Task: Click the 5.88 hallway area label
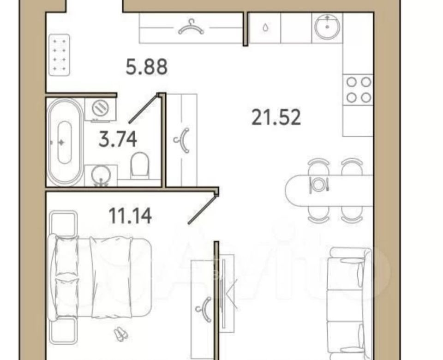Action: pos(147,67)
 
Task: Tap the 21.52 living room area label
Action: pos(276,118)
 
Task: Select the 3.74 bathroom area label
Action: pos(118,139)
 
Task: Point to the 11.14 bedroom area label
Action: pos(130,216)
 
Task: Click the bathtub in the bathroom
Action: pos(65,142)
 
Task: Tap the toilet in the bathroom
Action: pos(139,165)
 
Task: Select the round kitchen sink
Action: pos(327,27)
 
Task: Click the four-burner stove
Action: pos(358,90)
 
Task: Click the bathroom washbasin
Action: pos(101,176)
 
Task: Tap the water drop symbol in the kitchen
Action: pos(265,28)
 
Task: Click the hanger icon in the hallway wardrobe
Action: pos(191,27)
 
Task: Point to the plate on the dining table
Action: pos(318,185)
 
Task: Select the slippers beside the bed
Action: pos(121,333)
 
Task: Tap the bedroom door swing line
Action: pos(202,210)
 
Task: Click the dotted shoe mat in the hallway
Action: pos(60,55)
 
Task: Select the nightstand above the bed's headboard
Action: pos(63,224)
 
